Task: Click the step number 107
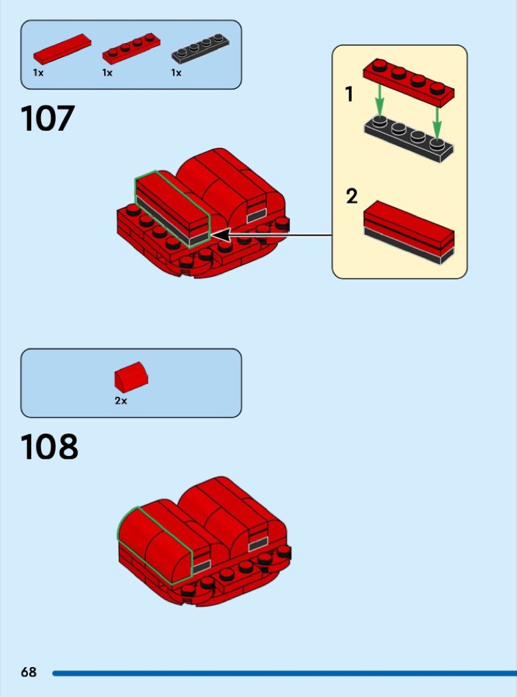(48, 118)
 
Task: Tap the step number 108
(49, 447)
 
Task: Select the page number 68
(29, 672)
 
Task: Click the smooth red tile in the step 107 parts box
(62, 49)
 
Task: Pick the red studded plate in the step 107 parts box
(131, 49)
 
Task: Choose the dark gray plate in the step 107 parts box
(200, 49)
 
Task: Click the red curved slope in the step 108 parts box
(131, 377)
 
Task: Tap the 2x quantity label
(121, 400)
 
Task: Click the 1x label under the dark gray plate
(177, 72)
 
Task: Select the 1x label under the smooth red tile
(38, 72)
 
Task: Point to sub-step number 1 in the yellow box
(349, 94)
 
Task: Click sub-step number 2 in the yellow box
(352, 196)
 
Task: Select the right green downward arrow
(437, 123)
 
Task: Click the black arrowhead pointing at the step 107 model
(221, 235)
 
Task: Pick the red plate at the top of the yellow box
(409, 83)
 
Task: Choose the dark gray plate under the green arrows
(409, 139)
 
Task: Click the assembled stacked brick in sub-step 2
(409, 232)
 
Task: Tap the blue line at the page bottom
(285, 674)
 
